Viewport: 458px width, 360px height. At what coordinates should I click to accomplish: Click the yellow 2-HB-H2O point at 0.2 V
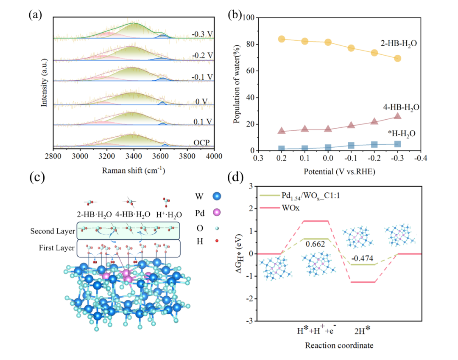pyautogui.click(x=282, y=39)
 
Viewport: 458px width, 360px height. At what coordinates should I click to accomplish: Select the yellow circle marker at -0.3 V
pyautogui.click(x=397, y=58)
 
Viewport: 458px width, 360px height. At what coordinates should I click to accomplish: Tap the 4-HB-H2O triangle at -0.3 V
pyautogui.click(x=397, y=116)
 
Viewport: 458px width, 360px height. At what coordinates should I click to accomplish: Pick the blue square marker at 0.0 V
pyautogui.click(x=328, y=148)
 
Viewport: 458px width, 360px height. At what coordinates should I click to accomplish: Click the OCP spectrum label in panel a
pyautogui.click(x=201, y=142)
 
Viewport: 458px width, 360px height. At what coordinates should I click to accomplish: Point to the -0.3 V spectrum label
pyautogui.click(x=202, y=34)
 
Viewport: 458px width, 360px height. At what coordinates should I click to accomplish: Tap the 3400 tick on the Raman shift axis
pyautogui.click(x=134, y=156)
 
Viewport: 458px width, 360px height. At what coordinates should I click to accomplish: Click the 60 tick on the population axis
pyautogui.click(x=251, y=71)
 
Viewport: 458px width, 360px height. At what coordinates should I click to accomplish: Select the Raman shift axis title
pyautogui.click(x=134, y=170)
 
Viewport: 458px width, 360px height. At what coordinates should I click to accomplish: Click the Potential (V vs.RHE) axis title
pyautogui.click(x=339, y=172)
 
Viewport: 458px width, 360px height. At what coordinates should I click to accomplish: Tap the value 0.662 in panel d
pyautogui.click(x=316, y=244)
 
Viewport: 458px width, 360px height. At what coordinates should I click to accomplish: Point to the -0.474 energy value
pyautogui.click(x=362, y=259)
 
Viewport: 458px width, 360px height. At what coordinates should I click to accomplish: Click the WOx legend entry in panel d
pyautogui.click(x=290, y=208)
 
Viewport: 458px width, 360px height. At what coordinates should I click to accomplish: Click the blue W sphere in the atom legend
pyautogui.click(x=217, y=196)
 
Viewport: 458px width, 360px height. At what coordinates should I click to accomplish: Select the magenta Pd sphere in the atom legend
pyautogui.click(x=217, y=213)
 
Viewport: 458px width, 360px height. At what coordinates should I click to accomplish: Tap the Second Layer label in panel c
pyautogui.click(x=53, y=231)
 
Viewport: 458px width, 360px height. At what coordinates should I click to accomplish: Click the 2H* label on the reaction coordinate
pyautogui.click(x=362, y=330)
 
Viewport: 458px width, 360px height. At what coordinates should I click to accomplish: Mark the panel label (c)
pyautogui.click(x=37, y=177)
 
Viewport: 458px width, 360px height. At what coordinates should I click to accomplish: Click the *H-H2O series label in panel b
pyautogui.click(x=401, y=134)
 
